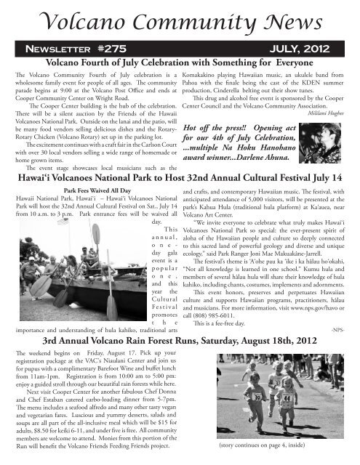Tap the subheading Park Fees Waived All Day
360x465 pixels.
pyautogui.click(x=88, y=195)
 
